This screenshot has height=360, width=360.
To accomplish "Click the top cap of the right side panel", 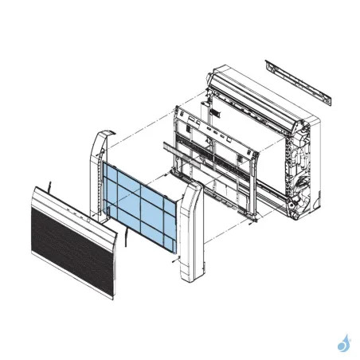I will click(x=192, y=188).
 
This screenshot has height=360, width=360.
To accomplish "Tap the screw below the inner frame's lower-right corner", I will click(x=251, y=222).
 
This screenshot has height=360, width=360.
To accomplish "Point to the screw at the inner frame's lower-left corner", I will click(x=165, y=177).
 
